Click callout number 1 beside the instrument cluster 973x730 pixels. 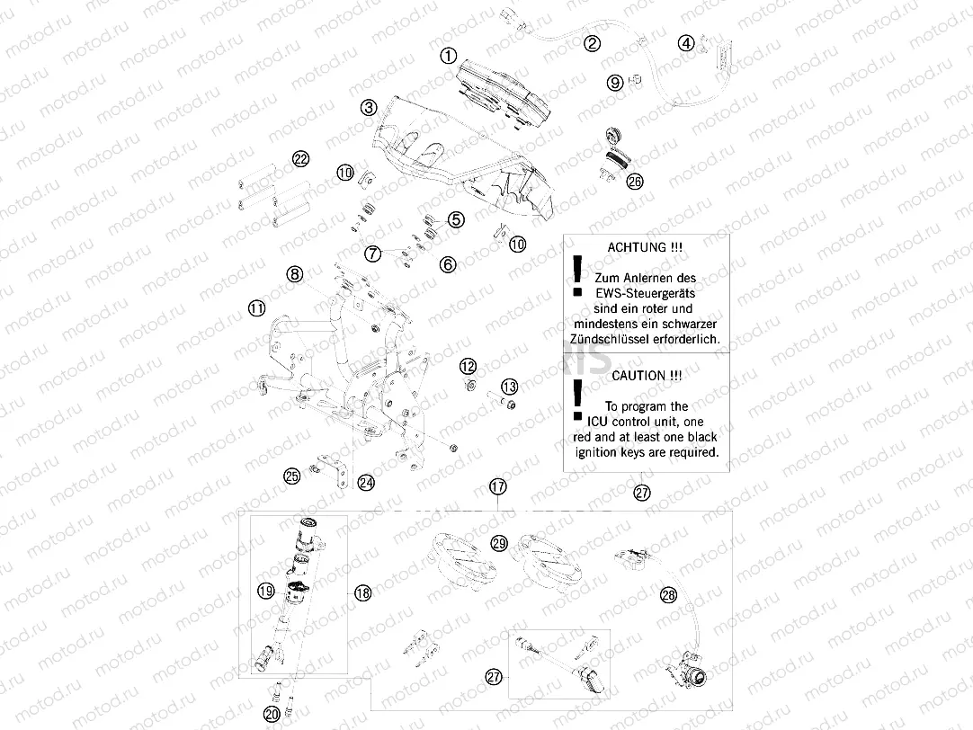click(x=448, y=56)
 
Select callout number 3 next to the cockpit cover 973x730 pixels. click(x=368, y=108)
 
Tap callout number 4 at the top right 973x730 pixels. click(x=686, y=42)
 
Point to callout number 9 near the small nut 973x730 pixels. click(x=615, y=83)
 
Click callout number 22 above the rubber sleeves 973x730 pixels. click(x=300, y=159)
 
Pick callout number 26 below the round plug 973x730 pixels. click(x=635, y=182)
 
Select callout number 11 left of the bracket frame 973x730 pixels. click(x=257, y=308)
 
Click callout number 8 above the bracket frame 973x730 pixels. click(x=295, y=274)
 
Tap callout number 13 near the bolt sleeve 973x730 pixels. click(x=509, y=387)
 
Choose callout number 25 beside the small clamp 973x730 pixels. click(x=292, y=476)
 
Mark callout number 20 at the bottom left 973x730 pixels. click(x=272, y=715)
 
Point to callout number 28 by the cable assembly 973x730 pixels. click(x=667, y=594)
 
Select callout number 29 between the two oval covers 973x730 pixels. click(x=499, y=543)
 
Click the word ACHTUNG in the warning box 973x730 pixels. click(x=637, y=246)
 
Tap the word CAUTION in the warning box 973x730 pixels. click(x=639, y=375)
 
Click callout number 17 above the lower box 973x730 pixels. click(x=498, y=486)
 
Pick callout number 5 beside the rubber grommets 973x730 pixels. click(x=455, y=218)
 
